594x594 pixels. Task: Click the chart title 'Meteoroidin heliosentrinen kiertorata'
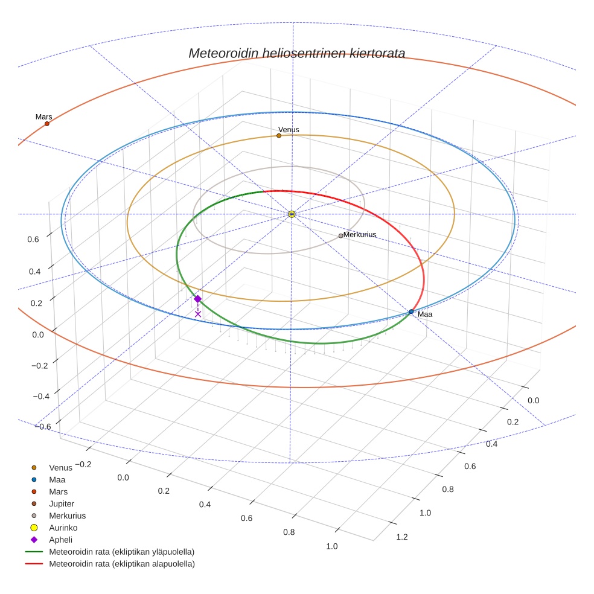[x=296, y=53]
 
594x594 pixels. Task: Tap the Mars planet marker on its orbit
[x=46, y=124]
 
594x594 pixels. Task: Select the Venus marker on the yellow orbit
[x=278, y=136]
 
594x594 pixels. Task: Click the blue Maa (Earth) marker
[x=411, y=312]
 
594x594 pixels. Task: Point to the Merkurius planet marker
[x=340, y=236]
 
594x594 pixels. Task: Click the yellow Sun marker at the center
[x=292, y=214]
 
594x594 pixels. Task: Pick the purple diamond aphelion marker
[x=197, y=299]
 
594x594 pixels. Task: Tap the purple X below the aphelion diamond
[x=198, y=314]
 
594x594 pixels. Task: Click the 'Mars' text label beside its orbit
[x=43, y=117]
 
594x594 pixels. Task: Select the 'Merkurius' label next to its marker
[x=360, y=234]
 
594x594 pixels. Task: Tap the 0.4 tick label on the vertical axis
[x=34, y=271]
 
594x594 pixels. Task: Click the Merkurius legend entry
[x=67, y=516]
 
